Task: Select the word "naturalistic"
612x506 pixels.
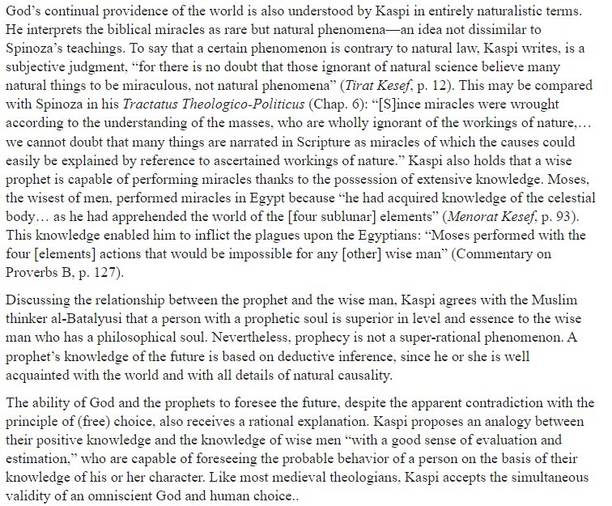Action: click(x=489, y=10)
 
